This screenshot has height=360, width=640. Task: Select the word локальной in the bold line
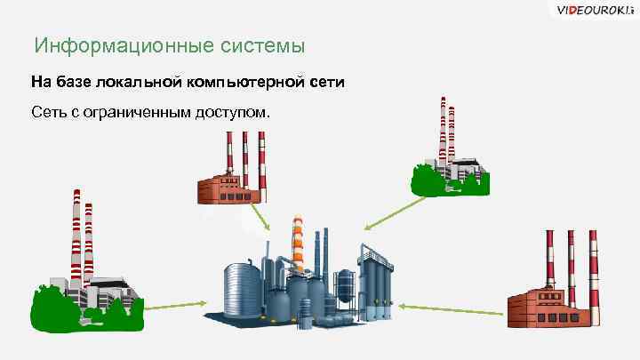pyautogui.click(x=134, y=83)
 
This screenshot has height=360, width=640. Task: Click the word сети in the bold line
pyautogui.click(x=325, y=83)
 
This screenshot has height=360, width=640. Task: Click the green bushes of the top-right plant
pyautogui.click(x=449, y=182)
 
